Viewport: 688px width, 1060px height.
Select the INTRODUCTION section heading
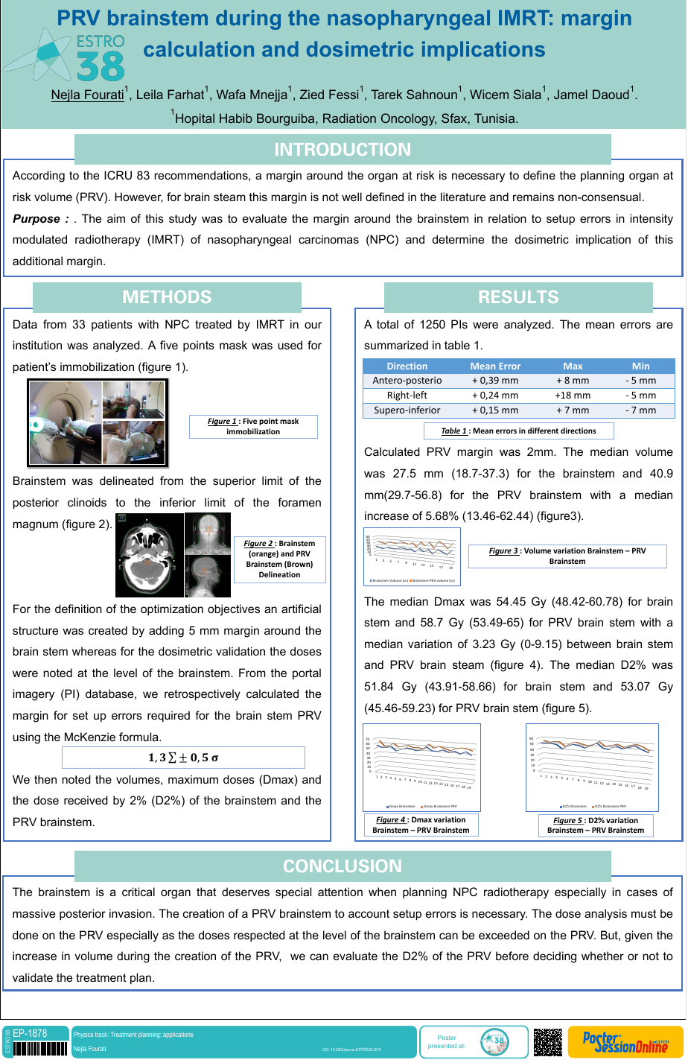click(343, 150)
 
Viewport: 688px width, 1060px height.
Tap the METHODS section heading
click(167, 297)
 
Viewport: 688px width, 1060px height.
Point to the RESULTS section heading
click(518, 297)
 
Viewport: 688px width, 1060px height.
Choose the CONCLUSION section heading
click(343, 866)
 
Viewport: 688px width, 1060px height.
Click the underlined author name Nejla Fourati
click(87, 95)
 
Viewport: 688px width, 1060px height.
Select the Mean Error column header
click(495, 366)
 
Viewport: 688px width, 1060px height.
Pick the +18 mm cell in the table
click(573, 396)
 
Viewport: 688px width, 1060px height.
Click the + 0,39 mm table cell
click(495, 381)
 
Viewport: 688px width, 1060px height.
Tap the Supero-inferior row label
click(407, 410)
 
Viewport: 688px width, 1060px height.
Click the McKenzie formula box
click(183, 758)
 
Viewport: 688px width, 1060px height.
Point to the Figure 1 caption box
click(253, 426)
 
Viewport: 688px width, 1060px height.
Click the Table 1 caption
click(518, 431)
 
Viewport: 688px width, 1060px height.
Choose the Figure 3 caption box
click(567, 556)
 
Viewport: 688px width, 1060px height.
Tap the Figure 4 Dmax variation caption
click(421, 825)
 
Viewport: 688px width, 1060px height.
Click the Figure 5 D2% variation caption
click(596, 825)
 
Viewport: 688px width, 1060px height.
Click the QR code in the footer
click(547, 1041)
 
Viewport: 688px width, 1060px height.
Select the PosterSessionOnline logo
click(625, 1041)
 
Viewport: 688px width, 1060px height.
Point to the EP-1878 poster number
click(30, 1033)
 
